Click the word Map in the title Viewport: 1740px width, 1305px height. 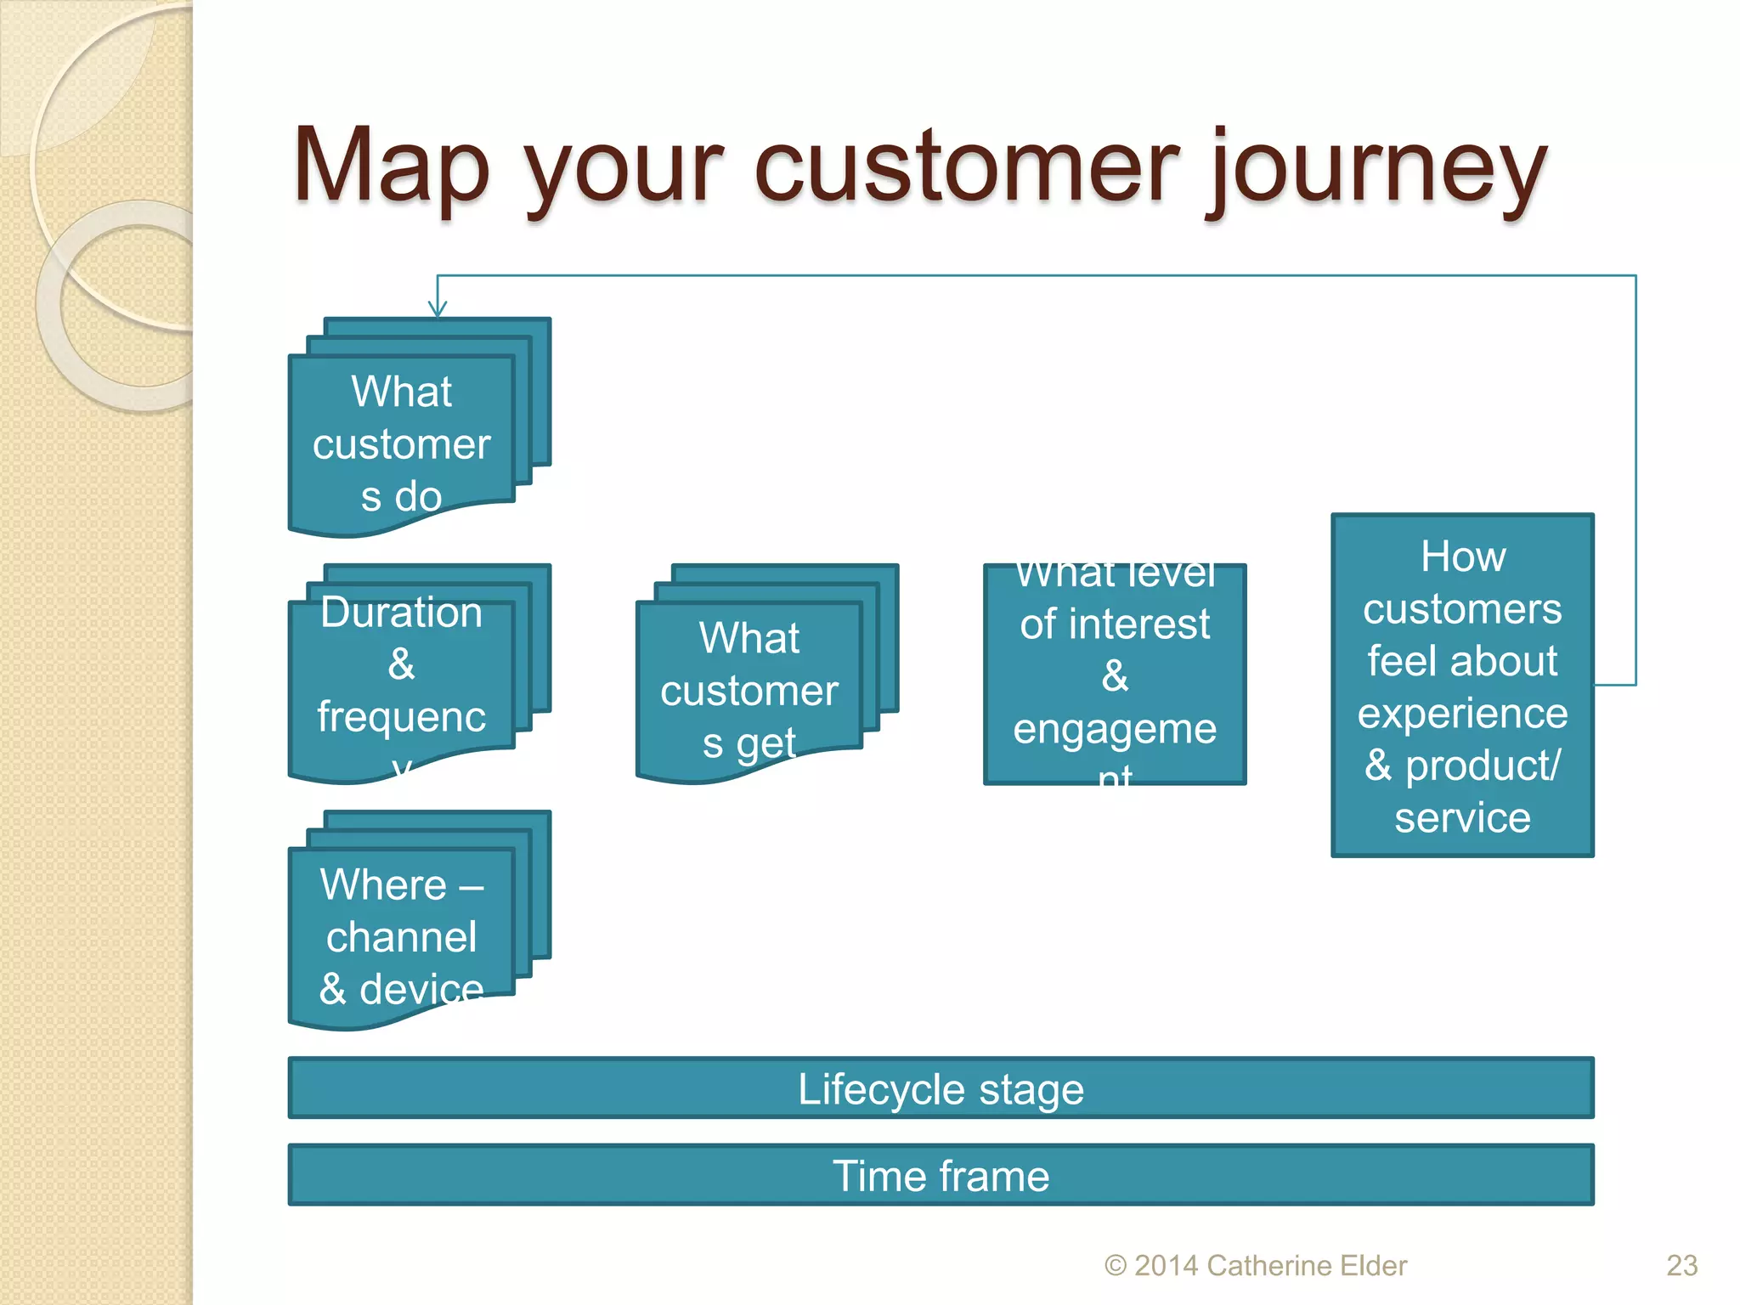coord(392,166)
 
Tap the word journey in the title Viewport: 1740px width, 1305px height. coord(1376,170)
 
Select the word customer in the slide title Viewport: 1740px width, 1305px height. coord(966,166)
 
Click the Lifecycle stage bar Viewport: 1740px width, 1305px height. coord(941,1088)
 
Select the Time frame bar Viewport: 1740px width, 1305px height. coord(941,1176)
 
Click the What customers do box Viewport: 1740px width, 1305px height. coord(401,442)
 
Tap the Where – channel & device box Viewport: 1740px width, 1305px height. coord(401,935)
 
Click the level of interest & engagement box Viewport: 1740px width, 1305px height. coord(1115,674)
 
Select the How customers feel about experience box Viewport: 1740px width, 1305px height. coord(1462,685)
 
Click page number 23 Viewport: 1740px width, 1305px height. coord(1681,1265)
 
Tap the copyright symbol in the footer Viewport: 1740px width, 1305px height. coord(1115,1266)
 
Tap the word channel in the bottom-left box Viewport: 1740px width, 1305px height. coord(401,937)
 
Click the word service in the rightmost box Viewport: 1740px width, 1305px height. coord(1462,818)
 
